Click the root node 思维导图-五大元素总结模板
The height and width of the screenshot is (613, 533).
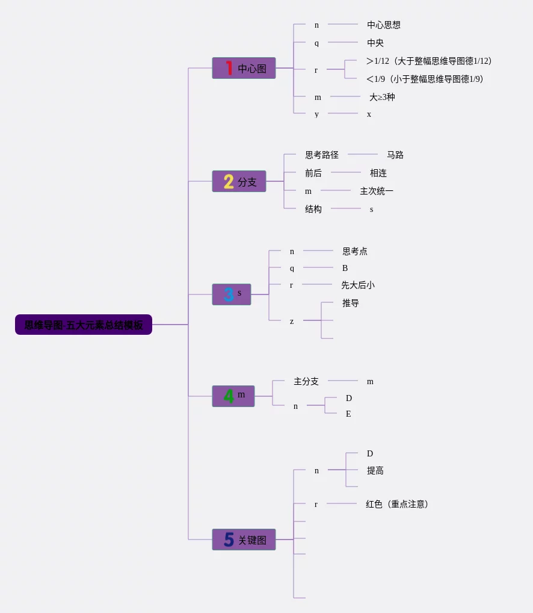[x=84, y=325]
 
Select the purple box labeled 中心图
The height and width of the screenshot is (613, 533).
[x=244, y=68]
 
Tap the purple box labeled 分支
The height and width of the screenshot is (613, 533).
[x=239, y=181]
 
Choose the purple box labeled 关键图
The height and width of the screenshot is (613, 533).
[x=244, y=540]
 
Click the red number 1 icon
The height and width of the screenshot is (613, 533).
[x=229, y=68]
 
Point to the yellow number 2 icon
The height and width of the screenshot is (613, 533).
[x=229, y=181]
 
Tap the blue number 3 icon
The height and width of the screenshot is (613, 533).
[x=229, y=294]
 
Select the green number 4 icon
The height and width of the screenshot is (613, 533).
[x=229, y=396]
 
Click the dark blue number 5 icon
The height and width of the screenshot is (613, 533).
[x=229, y=540]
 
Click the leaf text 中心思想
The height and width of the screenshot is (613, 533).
[x=384, y=25]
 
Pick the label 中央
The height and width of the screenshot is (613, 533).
[x=375, y=43]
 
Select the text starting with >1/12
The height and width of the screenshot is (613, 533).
[x=430, y=61]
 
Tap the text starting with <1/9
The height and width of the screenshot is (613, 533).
[x=425, y=79]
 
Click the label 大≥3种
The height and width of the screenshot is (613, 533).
[x=382, y=97]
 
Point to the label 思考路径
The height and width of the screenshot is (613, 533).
[x=322, y=155]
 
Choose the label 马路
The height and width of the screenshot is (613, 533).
[x=395, y=155]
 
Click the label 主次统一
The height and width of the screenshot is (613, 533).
[x=377, y=191]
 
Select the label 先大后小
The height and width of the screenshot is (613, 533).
[x=358, y=285]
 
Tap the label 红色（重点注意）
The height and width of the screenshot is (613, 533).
[x=398, y=504]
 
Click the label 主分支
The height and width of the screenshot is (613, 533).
[x=306, y=381]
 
